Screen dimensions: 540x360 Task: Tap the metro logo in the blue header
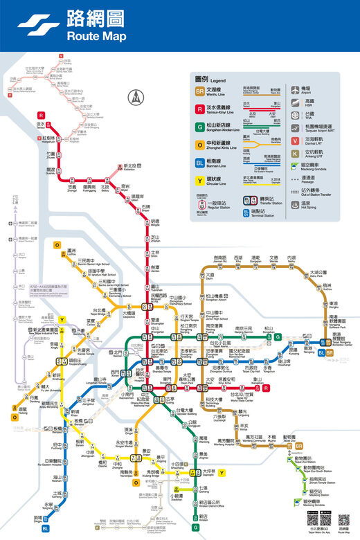(x=39, y=25)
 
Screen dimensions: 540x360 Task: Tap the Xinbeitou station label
(x=129, y=167)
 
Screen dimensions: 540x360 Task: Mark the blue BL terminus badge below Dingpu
(x=46, y=529)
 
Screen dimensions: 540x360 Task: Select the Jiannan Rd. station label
(x=221, y=258)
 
